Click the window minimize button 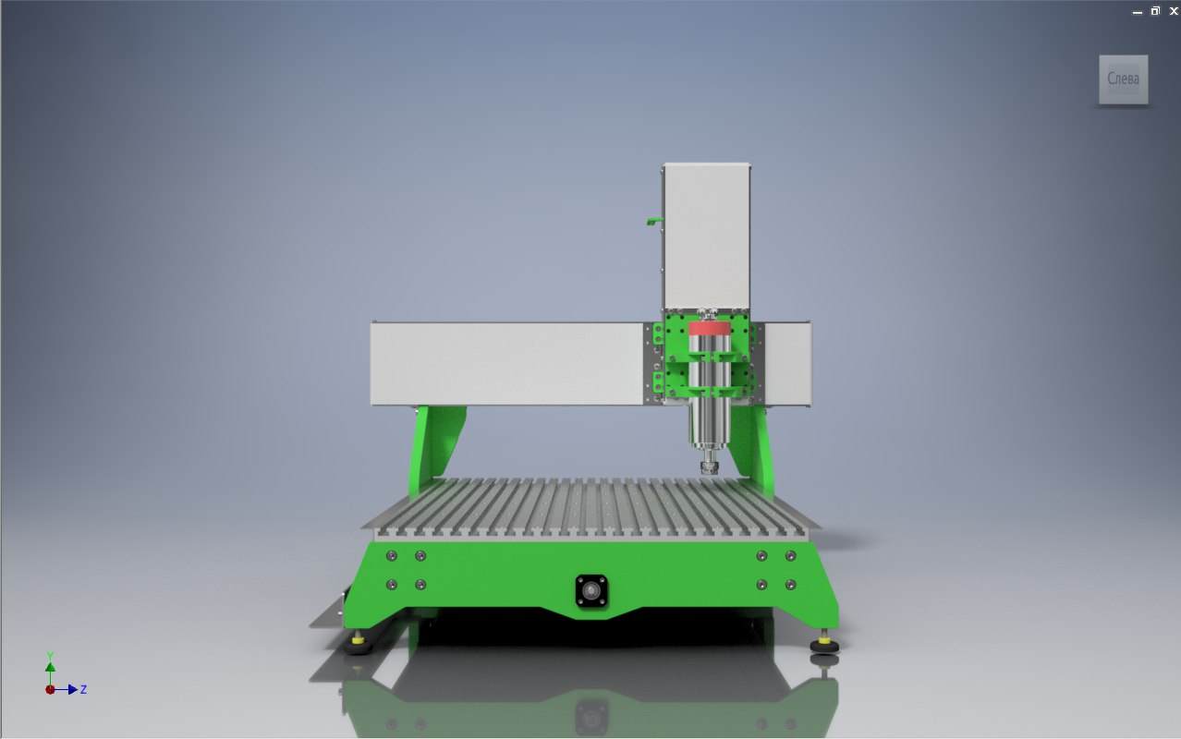[x=1138, y=13]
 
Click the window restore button [x=1155, y=11]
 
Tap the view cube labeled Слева [x=1124, y=79]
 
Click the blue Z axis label [x=83, y=689]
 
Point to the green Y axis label [x=50, y=656]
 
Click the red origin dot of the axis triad [x=50, y=689]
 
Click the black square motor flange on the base [x=591, y=590]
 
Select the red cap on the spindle [x=709, y=328]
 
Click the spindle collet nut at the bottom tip [x=709, y=467]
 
